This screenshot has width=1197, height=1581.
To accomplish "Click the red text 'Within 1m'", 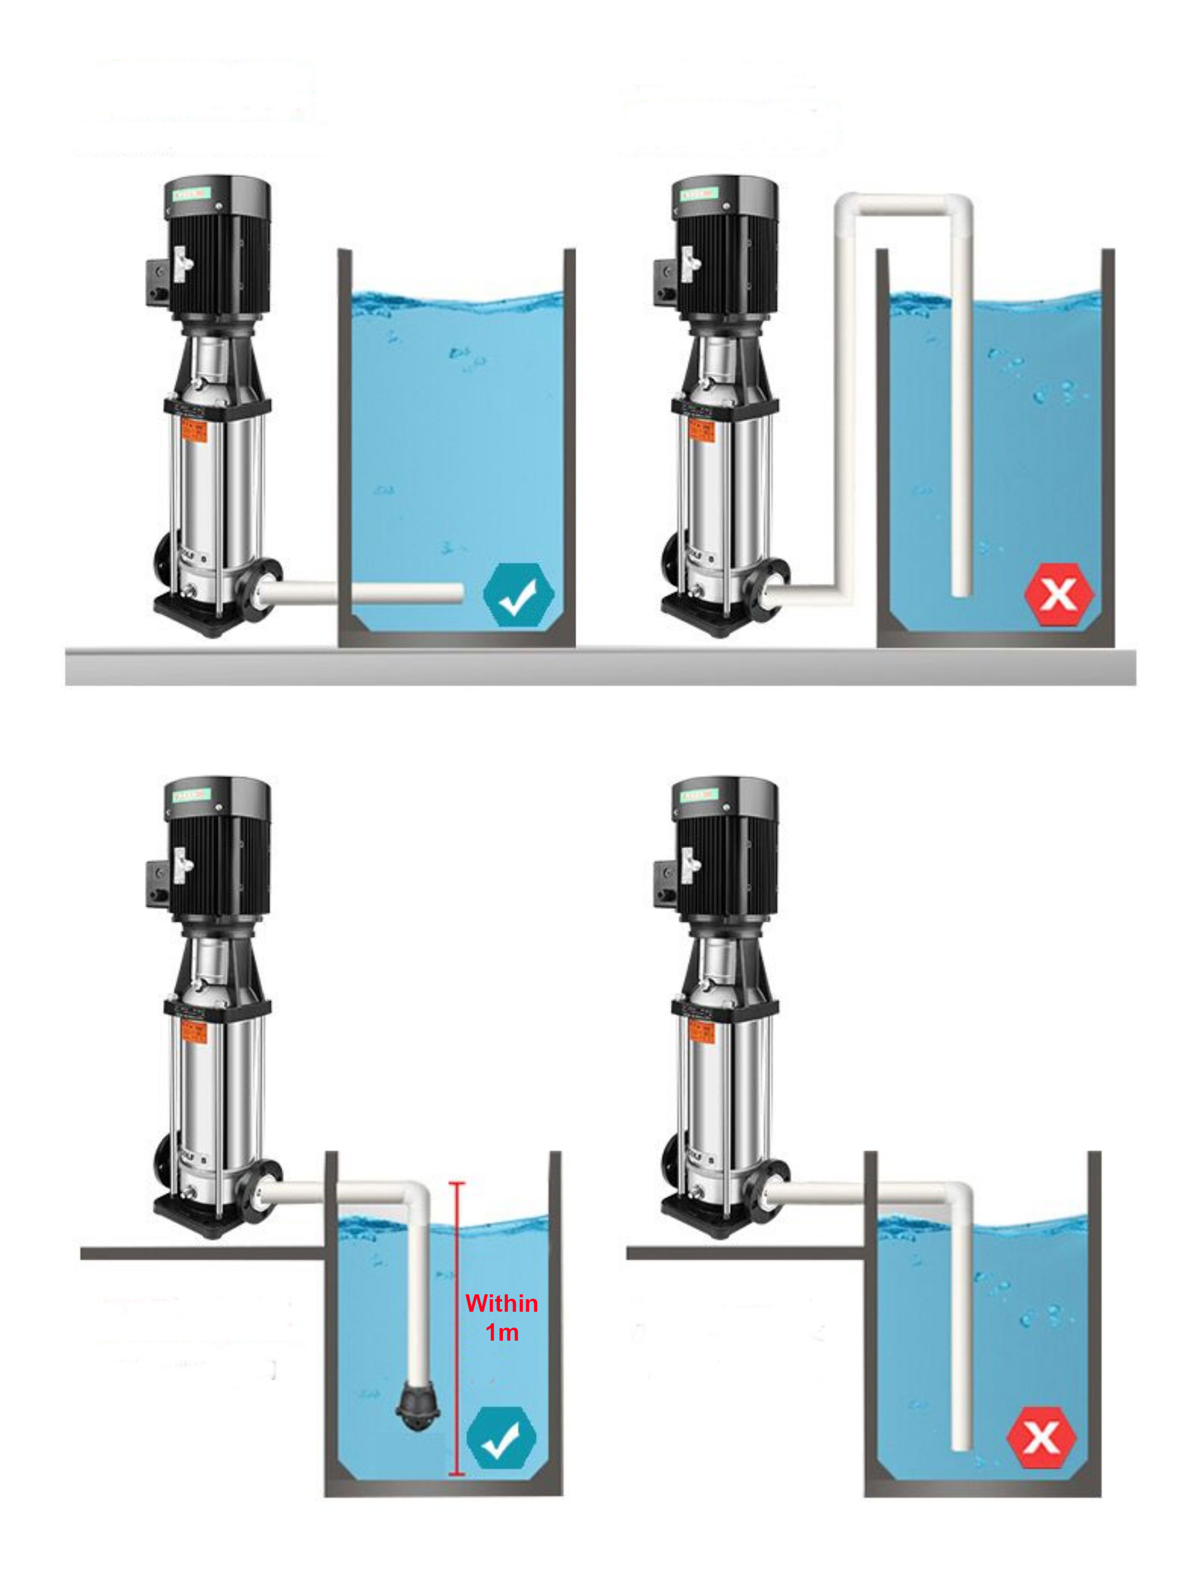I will (501, 1317).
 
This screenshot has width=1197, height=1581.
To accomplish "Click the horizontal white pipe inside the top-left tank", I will (407, 593).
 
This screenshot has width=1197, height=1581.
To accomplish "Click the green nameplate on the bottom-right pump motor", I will (698, 794).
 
